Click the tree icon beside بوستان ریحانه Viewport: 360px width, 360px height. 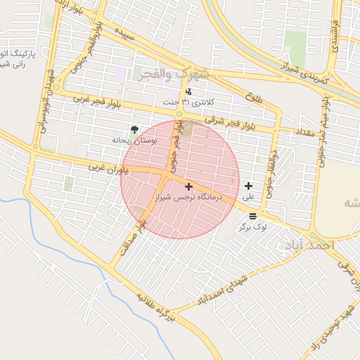[x=134, y=129]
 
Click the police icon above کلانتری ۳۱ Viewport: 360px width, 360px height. [x=188, y=91]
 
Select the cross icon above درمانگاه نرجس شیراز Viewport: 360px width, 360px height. [x=188, y=186]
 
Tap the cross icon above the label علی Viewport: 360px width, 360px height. [x=248, y=186]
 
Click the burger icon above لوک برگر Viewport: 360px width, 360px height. [x=252, y=215]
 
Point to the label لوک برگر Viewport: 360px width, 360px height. [x=252, y=226]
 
